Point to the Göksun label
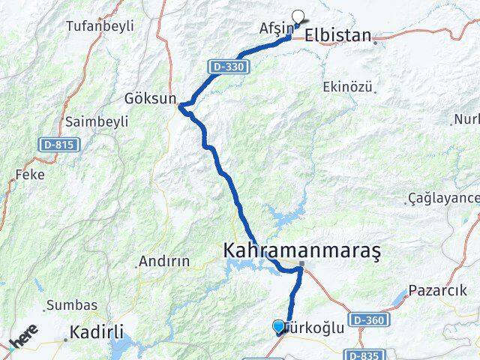pos(151,98)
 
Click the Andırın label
pos(160,263)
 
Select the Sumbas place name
pos(72,305)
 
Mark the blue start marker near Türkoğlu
pos(279,326)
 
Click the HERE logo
pos(24,337)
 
